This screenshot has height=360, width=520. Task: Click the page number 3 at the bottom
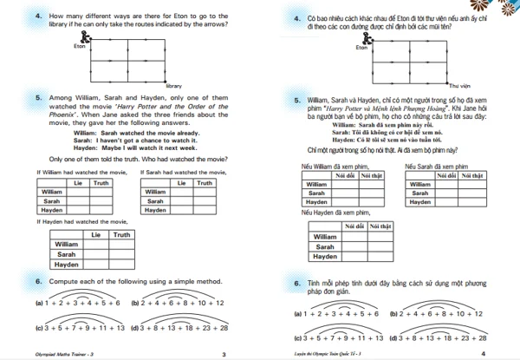point(223,353)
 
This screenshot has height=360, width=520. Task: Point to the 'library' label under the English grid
point(174,86)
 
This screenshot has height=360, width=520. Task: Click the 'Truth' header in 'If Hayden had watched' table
point(120,235)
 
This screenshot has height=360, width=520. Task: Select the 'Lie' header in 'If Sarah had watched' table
point(182,183)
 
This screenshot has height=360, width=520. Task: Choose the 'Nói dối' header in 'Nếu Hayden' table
point(354,226)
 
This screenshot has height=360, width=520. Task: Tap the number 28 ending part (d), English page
point(224,329)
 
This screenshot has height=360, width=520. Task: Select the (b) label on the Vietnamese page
point(393,313)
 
